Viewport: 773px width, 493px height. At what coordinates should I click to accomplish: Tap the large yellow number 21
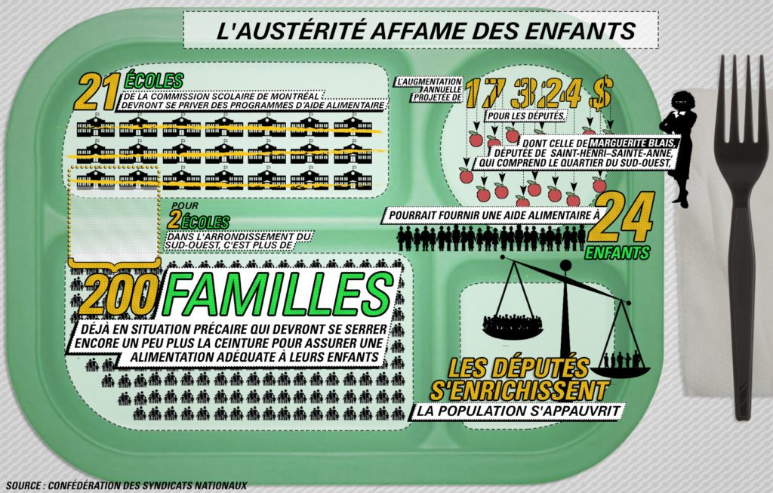point(97,91)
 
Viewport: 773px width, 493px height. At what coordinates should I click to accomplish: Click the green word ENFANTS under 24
point(617,252)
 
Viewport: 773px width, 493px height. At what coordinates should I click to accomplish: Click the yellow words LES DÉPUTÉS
point(519,368)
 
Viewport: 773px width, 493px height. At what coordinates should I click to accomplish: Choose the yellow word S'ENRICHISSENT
point(519,390)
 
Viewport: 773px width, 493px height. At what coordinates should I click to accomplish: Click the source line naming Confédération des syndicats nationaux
point(127,485)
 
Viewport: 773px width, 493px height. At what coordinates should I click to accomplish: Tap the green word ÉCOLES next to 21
point(154,81)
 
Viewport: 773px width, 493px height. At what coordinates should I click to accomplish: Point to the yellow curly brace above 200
point(115,265)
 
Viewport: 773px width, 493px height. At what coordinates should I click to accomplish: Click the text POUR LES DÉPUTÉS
point(525,116)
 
